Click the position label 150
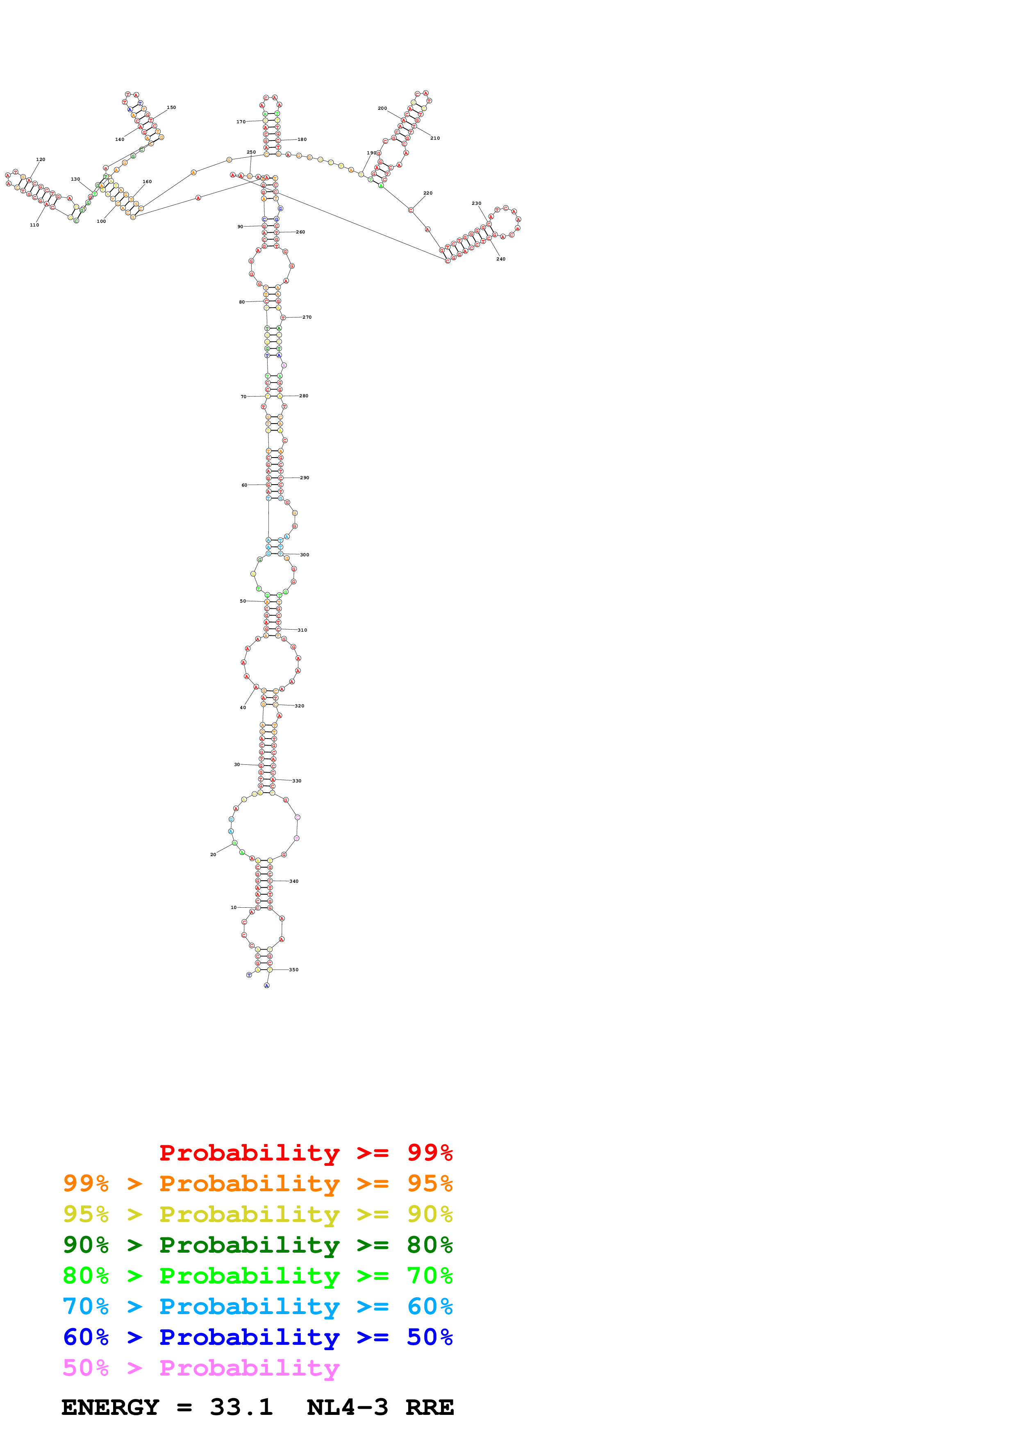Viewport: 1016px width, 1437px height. [x=171, y=108]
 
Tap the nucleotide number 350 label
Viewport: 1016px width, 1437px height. [x=293, y=970]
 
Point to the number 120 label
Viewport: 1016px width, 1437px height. [x=41, y=160]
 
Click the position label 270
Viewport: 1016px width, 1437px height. [x=307, y=317]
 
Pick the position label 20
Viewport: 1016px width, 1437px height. [x=213, y=854]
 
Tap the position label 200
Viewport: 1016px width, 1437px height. [x=382, y=108]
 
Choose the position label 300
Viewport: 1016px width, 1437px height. [x=304, y=555]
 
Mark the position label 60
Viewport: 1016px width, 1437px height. [x=244, y=485]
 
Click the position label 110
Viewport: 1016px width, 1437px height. [x=34, y=225]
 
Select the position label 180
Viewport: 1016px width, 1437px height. [x=302, y=140]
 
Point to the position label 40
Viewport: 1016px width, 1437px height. [x=243, y=708]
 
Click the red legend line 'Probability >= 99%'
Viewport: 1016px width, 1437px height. [x=305, y=1153]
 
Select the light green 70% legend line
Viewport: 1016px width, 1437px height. [x=257, y=1276]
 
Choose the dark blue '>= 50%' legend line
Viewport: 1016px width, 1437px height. [x=257, y=1337]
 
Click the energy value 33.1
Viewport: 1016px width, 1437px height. [x=241, y=1407]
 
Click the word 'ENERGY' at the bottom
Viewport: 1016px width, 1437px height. [x=110, y=1407]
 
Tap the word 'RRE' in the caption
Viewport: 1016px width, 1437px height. [x=430, y=1407]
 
